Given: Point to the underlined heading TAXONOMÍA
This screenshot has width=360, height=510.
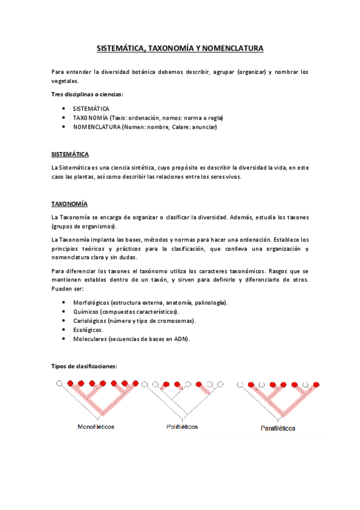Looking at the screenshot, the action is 69,203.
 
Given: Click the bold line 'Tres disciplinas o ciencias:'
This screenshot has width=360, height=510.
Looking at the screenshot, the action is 87,94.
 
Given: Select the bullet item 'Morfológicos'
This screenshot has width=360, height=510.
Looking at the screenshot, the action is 150,303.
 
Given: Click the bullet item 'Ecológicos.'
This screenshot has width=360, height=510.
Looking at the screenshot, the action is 88,330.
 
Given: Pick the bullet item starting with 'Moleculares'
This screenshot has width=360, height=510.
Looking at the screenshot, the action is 131,339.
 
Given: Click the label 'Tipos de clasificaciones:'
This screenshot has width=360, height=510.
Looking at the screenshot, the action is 84,366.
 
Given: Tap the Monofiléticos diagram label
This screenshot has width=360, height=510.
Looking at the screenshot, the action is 96,427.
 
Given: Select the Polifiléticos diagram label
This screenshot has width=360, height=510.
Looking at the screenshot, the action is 182,427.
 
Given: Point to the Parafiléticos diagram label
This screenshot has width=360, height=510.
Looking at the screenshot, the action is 278,429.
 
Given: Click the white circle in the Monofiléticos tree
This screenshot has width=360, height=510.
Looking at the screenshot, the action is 59,383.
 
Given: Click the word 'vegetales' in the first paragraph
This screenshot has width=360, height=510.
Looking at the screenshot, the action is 64,81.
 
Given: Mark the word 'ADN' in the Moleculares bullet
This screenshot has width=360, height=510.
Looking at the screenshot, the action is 182,339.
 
